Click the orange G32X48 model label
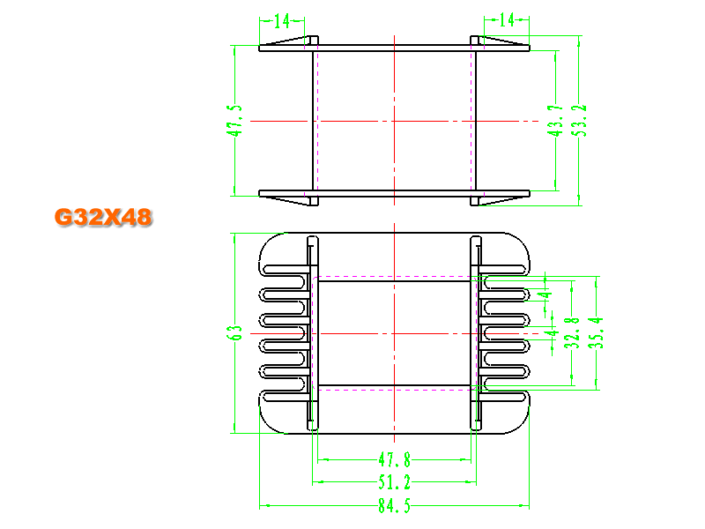point(103,217)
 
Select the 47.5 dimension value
point(234,120)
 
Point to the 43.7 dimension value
point(555,121)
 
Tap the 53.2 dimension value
point(581,120)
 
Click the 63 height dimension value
point(234,333)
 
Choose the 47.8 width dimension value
point(394,460)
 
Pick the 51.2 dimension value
point(394,482)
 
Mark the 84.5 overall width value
point(394,506)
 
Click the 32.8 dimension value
point(571,333)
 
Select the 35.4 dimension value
point(597,333)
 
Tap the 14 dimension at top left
point(282,20)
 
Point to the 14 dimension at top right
point(507,19)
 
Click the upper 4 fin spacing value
point(546,295)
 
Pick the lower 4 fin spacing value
point(553,333)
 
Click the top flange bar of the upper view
point(394,48)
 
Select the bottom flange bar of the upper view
point(394,194)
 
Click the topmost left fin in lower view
point(284,270)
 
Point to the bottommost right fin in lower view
point(502,397)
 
